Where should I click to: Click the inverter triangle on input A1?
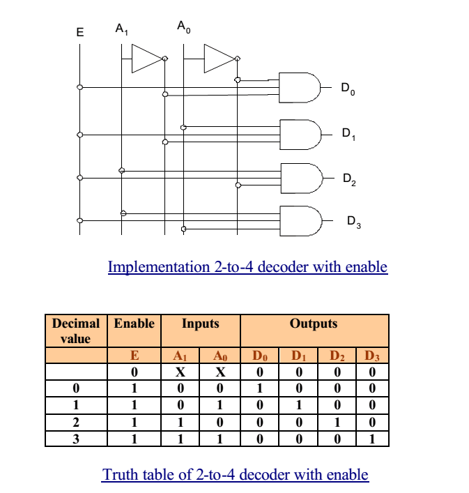[146, 59]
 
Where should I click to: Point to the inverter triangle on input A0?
[218, 59]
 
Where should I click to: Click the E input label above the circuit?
[79, 32]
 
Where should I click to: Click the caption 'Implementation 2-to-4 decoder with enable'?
[247, 266]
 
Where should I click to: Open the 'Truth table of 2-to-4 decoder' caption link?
[236, 475]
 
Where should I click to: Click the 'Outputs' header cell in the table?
[314, 324]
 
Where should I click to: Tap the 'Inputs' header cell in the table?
[200, 324]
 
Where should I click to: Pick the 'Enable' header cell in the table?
[134, 324]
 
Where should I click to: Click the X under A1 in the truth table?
[180, 372]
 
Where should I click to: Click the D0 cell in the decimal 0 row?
[259, 388]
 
